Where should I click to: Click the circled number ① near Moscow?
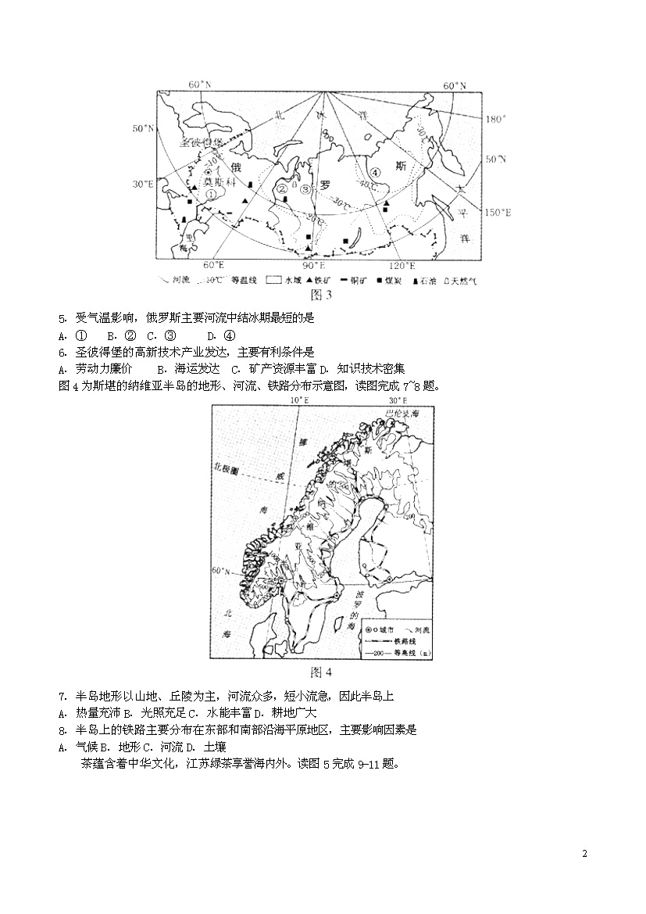211,194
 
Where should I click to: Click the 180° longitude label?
496,120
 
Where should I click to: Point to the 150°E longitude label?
498,212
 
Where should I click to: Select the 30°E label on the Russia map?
143,185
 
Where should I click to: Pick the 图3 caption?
322,295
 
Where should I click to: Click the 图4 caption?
322,672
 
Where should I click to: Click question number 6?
62,352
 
